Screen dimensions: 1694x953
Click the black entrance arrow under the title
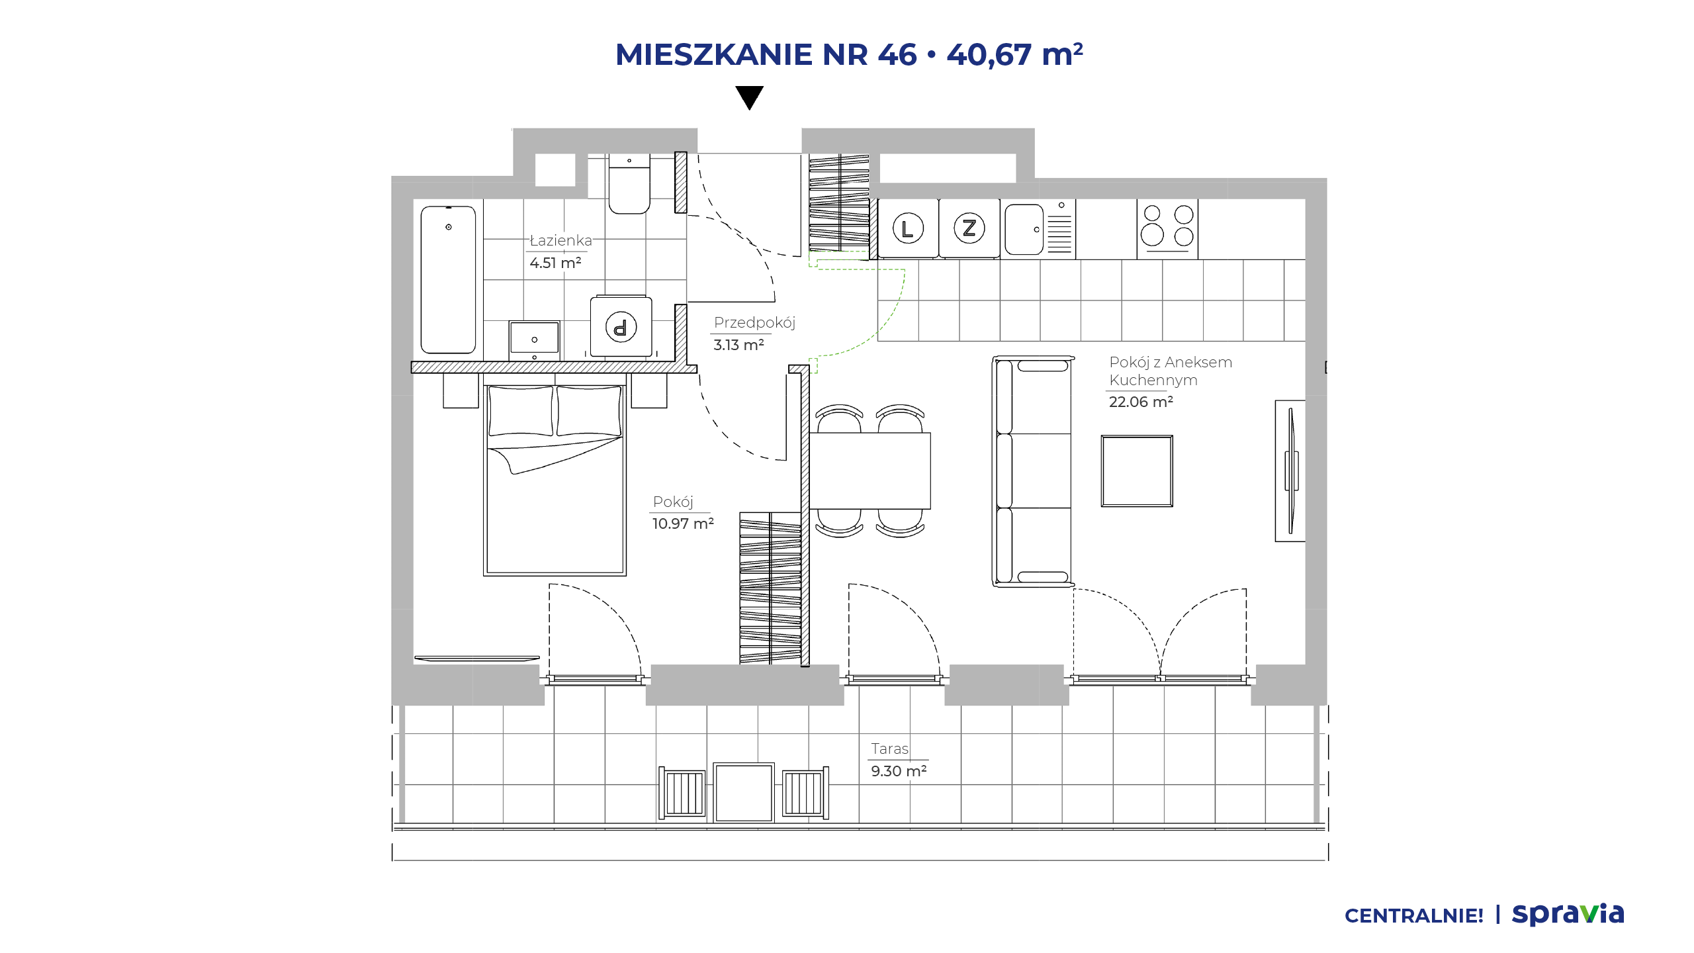click(x=750, y=97)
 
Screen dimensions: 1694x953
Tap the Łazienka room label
click(x=560, y=240)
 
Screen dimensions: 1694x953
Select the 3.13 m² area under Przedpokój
click(x=738, y=345)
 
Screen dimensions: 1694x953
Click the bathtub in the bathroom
click(x=449, y=280)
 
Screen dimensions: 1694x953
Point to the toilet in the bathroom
click(x=629, y=184)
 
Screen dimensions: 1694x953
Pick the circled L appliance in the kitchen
click(x=908, y=228)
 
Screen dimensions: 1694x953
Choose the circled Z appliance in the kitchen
click(x=969, y=228)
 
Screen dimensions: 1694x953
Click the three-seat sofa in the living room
click(x=1032, y=471)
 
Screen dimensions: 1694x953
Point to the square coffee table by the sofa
click(x=1137, y=471)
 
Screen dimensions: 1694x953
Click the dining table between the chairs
click(x=869, y=471)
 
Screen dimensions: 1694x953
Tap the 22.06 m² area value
click(x=1141, y=402)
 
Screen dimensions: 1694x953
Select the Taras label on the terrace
click(x=889, y=749)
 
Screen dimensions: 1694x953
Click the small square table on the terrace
click(x=744, y=793)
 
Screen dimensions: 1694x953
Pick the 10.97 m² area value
click(x=683, y=523)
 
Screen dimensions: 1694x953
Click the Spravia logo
click(x=1568, y=914)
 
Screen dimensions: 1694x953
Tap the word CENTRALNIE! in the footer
click(x=1414, y=916)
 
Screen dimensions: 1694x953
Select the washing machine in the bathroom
click(x=621, y=326)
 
